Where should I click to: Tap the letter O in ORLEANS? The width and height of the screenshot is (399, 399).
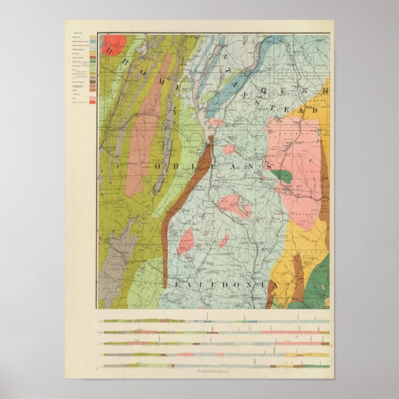[159, 167]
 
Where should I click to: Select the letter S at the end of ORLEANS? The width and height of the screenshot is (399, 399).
[270, 167]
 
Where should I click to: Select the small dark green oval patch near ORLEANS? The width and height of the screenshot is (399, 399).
[283, 176]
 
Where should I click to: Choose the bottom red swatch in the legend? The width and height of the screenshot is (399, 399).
[93, 102]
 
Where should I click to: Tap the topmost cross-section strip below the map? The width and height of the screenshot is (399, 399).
[214, 321]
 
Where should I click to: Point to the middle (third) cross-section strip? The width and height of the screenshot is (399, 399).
[214, 343]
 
